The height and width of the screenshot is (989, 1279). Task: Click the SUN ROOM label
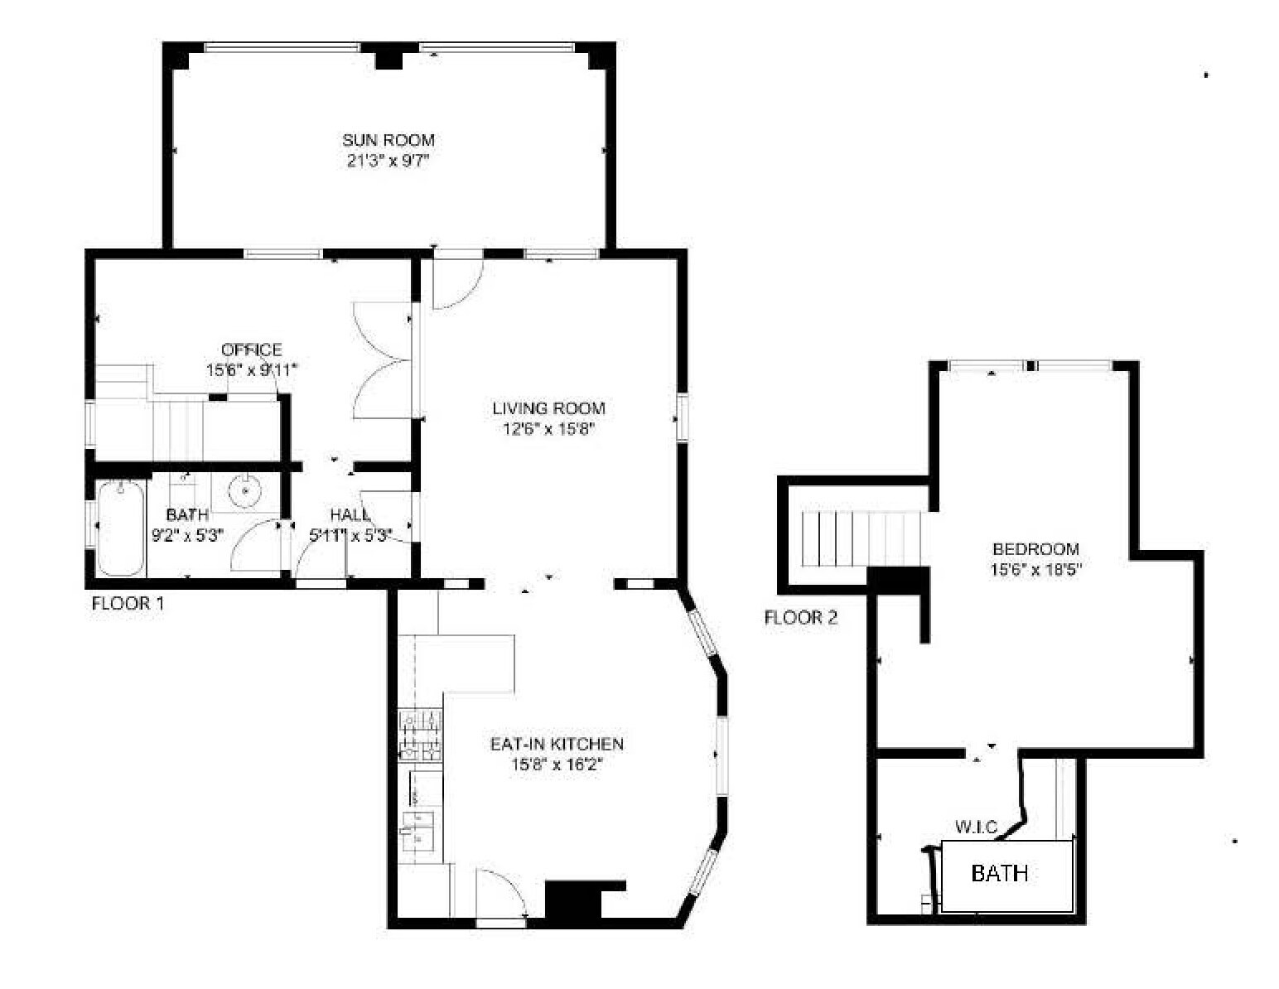[x=389, y=140]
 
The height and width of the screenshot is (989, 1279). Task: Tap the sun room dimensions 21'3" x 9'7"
[x=389, y=160]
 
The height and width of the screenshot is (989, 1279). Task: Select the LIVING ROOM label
[x=548, y=408]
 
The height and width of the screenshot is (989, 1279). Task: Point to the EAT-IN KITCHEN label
[x=557, y=744]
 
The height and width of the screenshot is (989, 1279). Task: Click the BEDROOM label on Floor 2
[x=1035, y=548]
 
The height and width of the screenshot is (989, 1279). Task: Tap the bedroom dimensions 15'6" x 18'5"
[x=1035, y=569]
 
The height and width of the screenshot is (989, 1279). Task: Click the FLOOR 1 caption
[x=127, y=603]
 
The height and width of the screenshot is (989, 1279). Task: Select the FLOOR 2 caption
[x=801, y=618]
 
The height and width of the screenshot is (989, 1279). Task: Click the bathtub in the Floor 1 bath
[x=121, y=527]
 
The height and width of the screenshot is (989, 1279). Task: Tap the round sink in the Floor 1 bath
[x=245, y=491]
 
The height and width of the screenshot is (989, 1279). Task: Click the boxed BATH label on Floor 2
[x=1000, y=873]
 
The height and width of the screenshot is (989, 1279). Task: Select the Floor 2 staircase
[x=862, y=538]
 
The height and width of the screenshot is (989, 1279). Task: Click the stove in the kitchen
[x=420, y=735]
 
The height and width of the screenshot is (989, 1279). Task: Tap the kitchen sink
[x=418, y=831]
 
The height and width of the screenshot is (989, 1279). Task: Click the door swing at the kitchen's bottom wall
[x=499, y=895]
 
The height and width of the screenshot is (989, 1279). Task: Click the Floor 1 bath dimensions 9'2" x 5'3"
[x=188, y=535]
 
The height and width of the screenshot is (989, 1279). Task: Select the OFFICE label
[x=251, y=350]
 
